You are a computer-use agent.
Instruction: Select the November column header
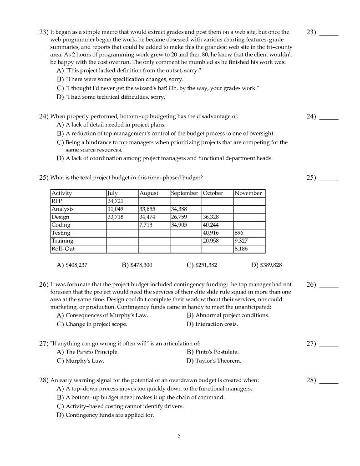coord(248,193)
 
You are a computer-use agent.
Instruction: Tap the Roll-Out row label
coord(63,249)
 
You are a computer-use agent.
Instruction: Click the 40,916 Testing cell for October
coord(211,233)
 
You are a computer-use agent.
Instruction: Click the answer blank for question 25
coord(329,178)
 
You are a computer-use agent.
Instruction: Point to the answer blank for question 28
coord(329,380)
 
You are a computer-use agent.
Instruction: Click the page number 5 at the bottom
coord(179,436)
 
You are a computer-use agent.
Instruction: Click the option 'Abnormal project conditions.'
coord(232,315)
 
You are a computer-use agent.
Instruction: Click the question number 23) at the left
coord(44,32)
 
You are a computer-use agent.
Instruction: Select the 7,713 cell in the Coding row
coord(146,225)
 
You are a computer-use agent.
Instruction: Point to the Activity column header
coord(61,193)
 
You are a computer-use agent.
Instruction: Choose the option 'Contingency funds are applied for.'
coord(110,415)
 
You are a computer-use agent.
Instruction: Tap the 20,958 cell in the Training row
coord(211,241)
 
